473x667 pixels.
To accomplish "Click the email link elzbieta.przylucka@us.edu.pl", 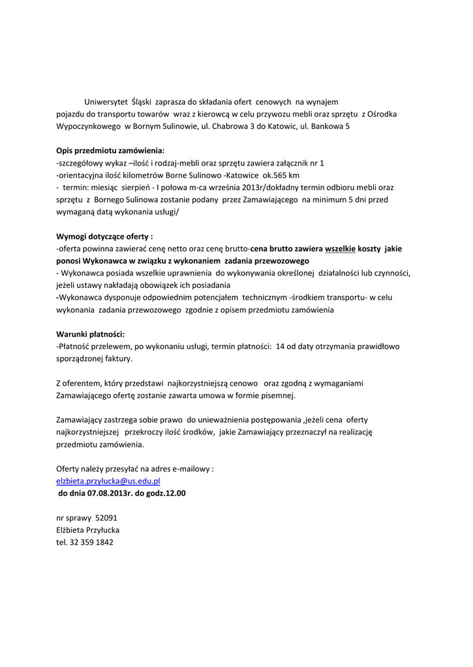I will coord(108,481).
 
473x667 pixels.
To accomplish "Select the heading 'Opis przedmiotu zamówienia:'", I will coord(110,150).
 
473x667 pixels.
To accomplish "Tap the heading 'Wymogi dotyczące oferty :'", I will coord(104,236).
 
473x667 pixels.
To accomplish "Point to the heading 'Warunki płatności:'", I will coord(90,334).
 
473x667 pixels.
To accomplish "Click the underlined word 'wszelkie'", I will coord(340,249).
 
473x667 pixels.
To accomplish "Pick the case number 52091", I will coord(106,518).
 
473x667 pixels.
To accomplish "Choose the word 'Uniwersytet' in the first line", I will coord(106,102).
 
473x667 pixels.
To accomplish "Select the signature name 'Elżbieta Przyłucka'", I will coord(88,530).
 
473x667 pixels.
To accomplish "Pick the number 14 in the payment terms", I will coord(281,347).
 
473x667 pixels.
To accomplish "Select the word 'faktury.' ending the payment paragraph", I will coord(117,358).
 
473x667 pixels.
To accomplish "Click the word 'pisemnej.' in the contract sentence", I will coord(279,395).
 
